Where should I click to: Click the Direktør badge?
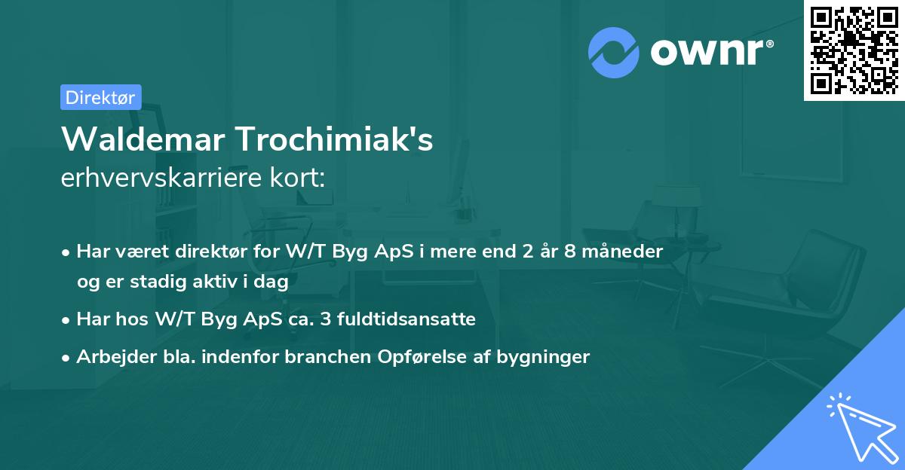pos(100,97)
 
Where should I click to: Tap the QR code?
pos(854,50)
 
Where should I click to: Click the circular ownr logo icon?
pos(614,53)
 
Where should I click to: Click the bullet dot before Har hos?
pos(67,320)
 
